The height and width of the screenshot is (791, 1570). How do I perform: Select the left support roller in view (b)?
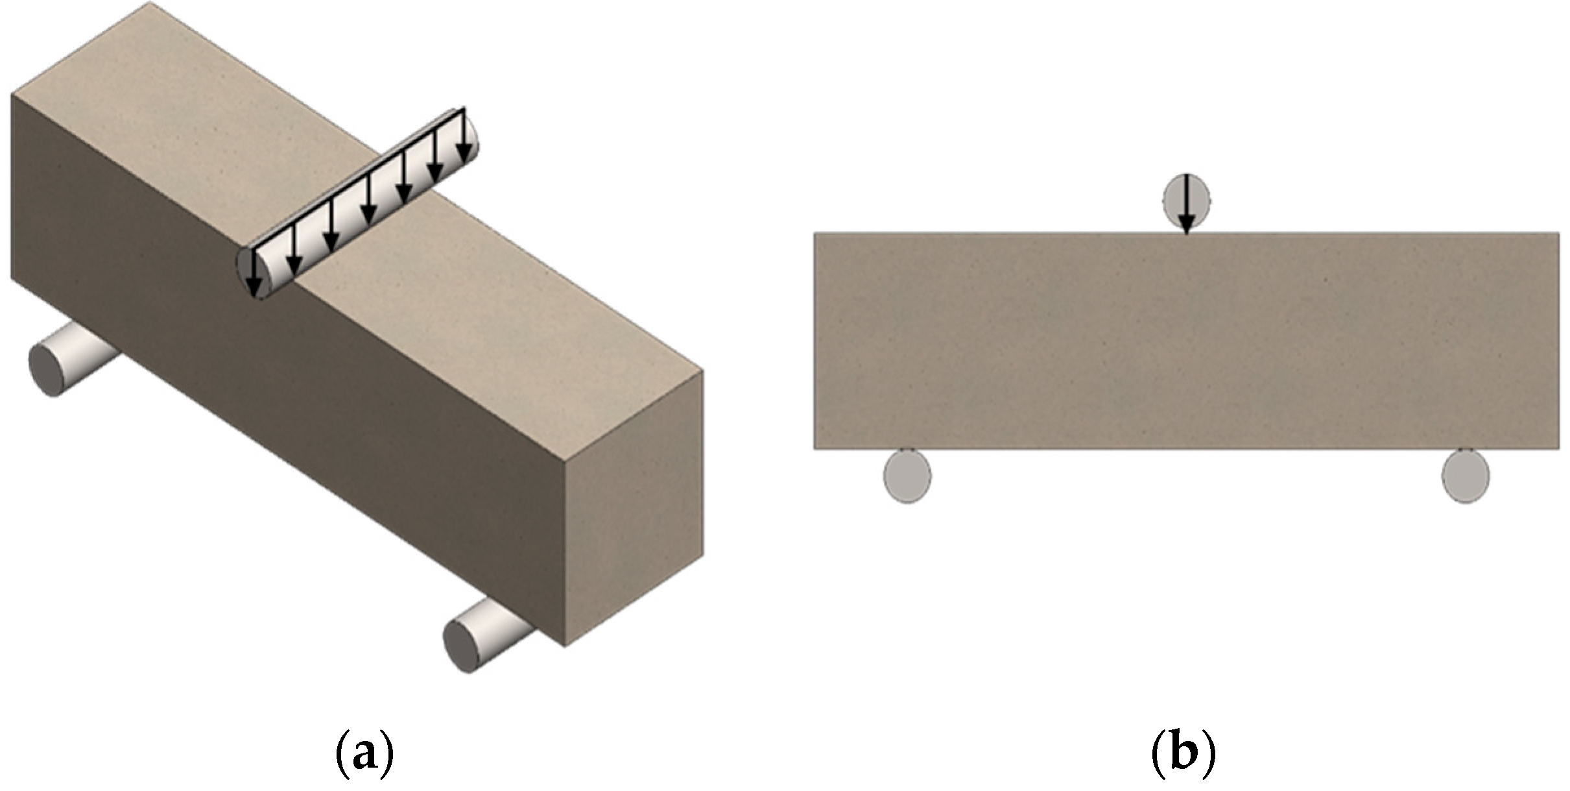coord(907,476)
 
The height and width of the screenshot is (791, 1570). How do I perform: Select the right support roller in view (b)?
coord(1466,476)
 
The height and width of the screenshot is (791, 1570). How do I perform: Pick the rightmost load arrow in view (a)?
coord(463,137)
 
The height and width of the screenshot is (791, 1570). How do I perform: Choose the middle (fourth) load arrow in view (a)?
coord(368,201)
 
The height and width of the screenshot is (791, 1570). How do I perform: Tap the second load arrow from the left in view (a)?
coord(294,250)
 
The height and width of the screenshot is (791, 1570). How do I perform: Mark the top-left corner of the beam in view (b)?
coord(815,233)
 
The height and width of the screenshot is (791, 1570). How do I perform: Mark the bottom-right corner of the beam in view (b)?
coord(1559,448)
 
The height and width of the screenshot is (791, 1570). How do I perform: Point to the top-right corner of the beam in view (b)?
coord(1559,233)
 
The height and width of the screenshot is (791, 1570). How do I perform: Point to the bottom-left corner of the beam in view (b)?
coord(815,448)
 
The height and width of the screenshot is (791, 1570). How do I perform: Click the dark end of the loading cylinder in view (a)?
coord(247,273)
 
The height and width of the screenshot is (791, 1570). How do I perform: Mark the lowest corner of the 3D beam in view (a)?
coord(565,646)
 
